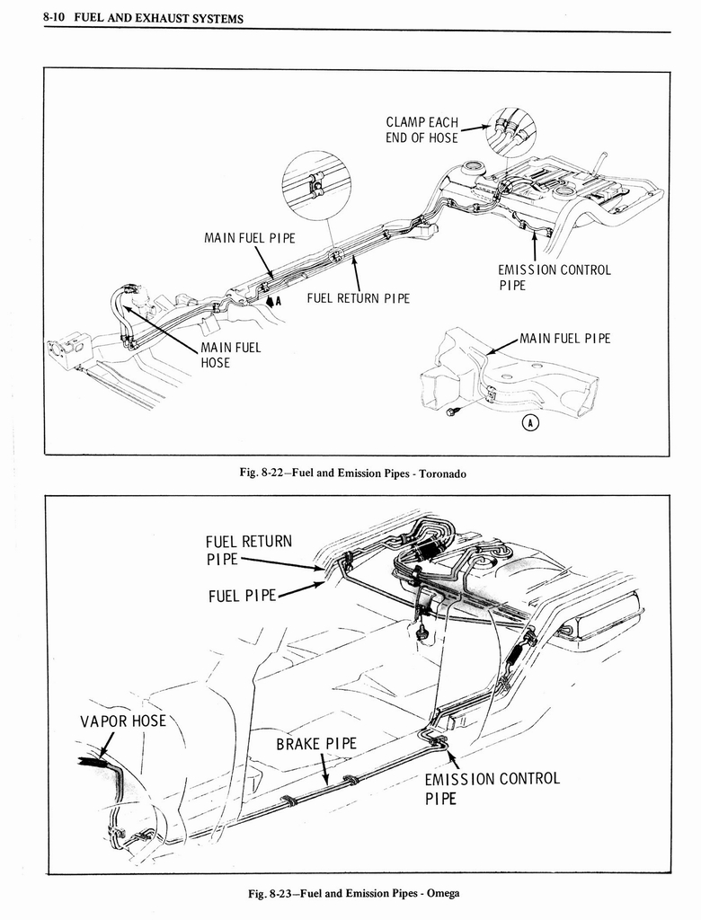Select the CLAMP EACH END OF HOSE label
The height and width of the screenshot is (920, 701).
[x=421, y=129]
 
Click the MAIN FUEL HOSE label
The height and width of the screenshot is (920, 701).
[x=229, y=355]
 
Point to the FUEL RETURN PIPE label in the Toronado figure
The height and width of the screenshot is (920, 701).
[x=358, y=297]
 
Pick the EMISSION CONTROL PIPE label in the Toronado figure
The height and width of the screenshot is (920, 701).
[x=554, y=277]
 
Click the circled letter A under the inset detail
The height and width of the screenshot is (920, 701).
[x=530, y=423]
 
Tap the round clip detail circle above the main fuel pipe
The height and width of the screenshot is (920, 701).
[x=315, y=185]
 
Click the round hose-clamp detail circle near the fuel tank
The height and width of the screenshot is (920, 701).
[x=510, y=131]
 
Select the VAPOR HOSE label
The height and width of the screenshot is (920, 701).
[x=123, y=721]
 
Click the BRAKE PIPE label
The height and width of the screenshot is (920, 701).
[x=315, y=743]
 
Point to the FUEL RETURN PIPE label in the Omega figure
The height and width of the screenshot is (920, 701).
[x=248, y=550]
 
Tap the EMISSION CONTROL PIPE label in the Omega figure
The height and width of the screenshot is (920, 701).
[x=491, y=787]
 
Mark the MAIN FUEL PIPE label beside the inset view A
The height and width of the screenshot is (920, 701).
[x=564, y=339]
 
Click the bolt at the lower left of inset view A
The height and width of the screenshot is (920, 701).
[x=451, y=411]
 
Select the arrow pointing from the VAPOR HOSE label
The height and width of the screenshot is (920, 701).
[x=106, y=745]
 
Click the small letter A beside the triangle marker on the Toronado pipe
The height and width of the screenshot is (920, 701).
[x=279, y=302]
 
